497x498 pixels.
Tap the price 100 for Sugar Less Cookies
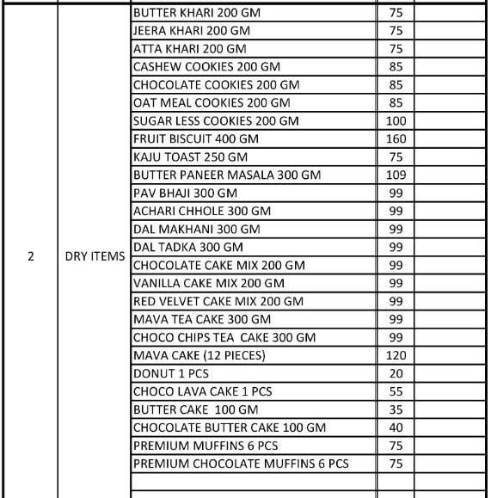[396, 121]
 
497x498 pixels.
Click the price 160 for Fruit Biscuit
[396, 139]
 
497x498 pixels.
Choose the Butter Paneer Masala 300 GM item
[226, 175]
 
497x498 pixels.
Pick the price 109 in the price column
[396, 175]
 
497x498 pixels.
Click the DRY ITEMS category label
[95, 256]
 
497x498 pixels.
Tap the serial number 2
[31, 256]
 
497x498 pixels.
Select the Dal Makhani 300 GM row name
[196, 230]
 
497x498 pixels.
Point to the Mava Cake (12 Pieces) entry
[199, 356]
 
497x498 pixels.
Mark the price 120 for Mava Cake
[396, 356]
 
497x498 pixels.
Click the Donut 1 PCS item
[170, 374]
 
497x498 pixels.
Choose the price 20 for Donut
[396, 374]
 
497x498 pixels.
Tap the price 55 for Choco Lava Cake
[396, 392]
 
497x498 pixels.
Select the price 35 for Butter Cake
[396, 410]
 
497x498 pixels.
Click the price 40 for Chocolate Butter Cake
[396, 428]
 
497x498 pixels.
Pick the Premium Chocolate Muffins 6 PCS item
[241, 464]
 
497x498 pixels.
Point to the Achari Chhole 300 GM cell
[201, 212]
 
